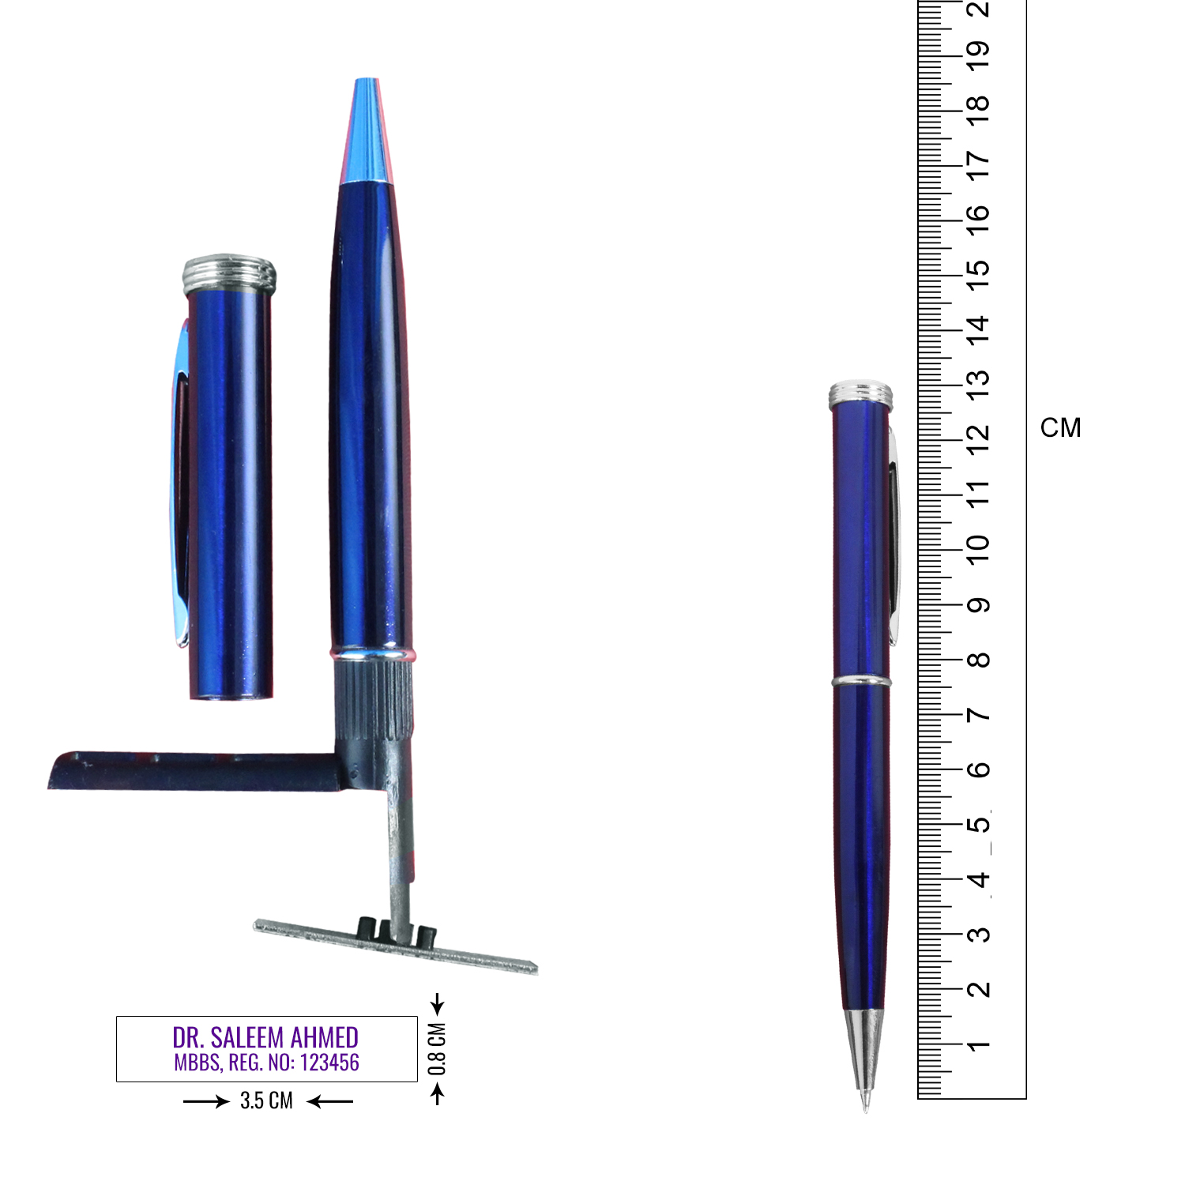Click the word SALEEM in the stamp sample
pyautogui.click(x=247, y=1037)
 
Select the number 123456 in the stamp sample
pyautogui.click(x=329, y=1063)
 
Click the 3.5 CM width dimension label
pyautogui.click(x=266, y=1100)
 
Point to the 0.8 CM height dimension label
pyautogui.click(x=437, y=1049)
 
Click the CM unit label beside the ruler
pyautogui.click(x=1060, y=428)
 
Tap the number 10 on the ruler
pyautogui.click(x=978, y=548)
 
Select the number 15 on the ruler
pyautogui.click(x=978, y=269)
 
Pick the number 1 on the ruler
pyautogui.click(x=978, y=1046)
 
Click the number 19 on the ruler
pyautogui.click(x=978, y=51)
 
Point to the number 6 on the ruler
pyautogui.click(x=978, y=769)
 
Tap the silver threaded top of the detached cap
pyautogui.click(x=229, y=273)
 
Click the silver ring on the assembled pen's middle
pyautogui.click(x=861, y=681)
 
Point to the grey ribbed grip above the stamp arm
pyautogui.click(x=374, y=699)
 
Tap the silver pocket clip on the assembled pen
pyautogui.click(x=893, y=537)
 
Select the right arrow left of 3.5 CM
pyautogui.click(x=206, y=1101)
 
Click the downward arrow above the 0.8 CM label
pyautogui.click(x=438, y=1005)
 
